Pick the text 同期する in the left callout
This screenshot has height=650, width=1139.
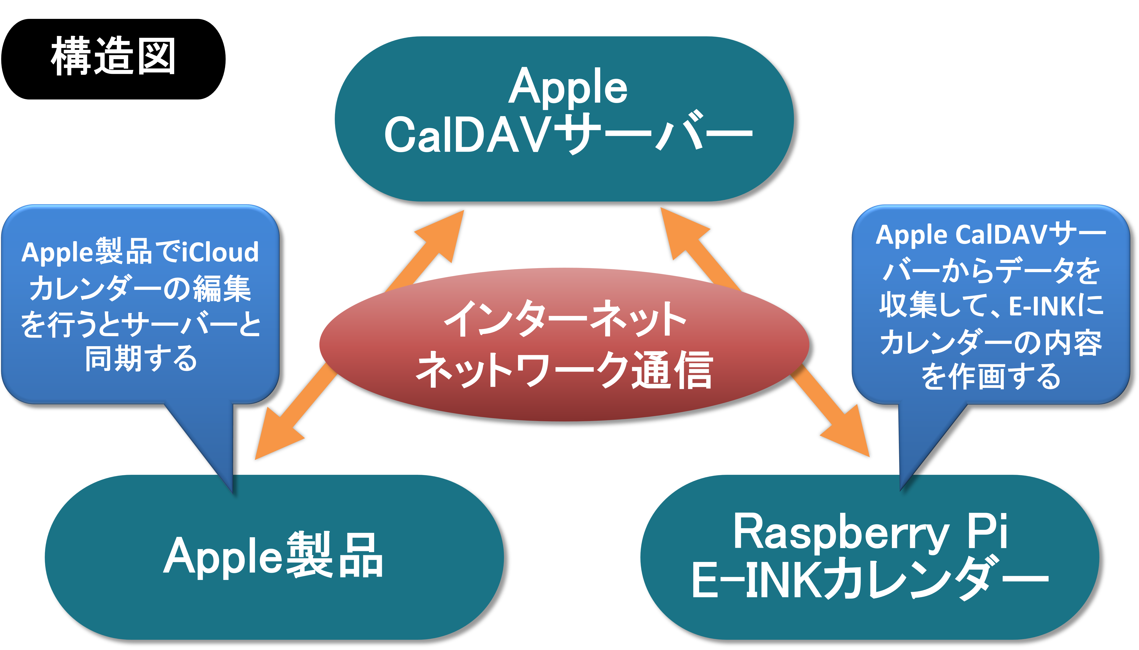141,359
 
